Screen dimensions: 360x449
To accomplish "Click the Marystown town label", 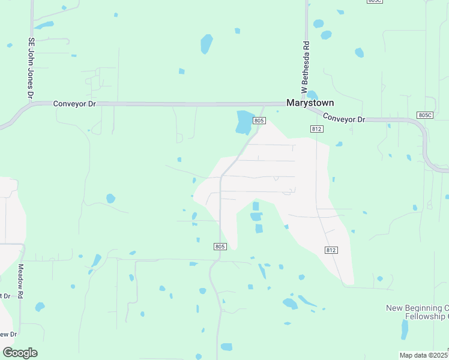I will [310, 103].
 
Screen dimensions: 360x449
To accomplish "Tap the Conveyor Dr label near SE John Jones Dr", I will [74, 103].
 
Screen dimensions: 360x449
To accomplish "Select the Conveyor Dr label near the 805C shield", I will [344, 118].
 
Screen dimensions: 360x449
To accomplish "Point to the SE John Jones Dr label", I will [31, 68].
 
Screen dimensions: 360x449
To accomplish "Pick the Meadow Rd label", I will [20, 281].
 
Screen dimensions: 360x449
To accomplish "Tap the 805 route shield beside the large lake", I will [259, 121].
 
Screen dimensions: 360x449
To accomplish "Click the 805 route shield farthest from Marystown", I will [220, 246].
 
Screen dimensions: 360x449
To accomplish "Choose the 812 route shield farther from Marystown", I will [331, 250].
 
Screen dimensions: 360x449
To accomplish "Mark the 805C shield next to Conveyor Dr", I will [424, 115].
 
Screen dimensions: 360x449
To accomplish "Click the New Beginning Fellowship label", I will [417, 312].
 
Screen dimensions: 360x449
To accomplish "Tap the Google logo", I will [20, 353].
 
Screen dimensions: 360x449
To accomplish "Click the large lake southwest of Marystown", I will [244, 122].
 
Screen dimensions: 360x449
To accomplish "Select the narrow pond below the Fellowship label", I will [405, 329].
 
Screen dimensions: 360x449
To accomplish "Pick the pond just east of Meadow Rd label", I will [40, 307].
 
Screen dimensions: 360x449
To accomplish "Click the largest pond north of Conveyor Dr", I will [206, 44].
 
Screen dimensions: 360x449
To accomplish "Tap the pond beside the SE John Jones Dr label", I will [44, 25].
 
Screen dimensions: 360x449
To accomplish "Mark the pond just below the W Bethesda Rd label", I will [312, 95].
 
